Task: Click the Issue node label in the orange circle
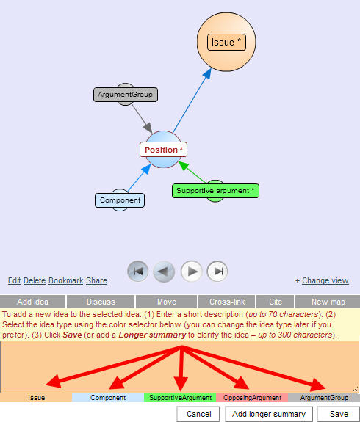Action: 226,43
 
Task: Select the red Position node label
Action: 163,150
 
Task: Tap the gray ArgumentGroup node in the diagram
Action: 126,95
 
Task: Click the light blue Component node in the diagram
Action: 120,200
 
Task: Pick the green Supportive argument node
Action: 215,191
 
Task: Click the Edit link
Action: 14,280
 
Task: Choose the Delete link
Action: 35,280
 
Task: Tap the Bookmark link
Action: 65,280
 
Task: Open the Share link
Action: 97,280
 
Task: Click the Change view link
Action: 325,280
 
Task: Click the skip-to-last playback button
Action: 217,272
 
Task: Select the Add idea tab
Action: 32,302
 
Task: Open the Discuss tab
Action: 101,302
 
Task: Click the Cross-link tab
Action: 227,302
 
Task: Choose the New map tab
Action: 328,302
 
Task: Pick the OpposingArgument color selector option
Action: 252,398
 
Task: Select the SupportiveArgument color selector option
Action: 180,398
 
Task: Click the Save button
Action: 339,414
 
